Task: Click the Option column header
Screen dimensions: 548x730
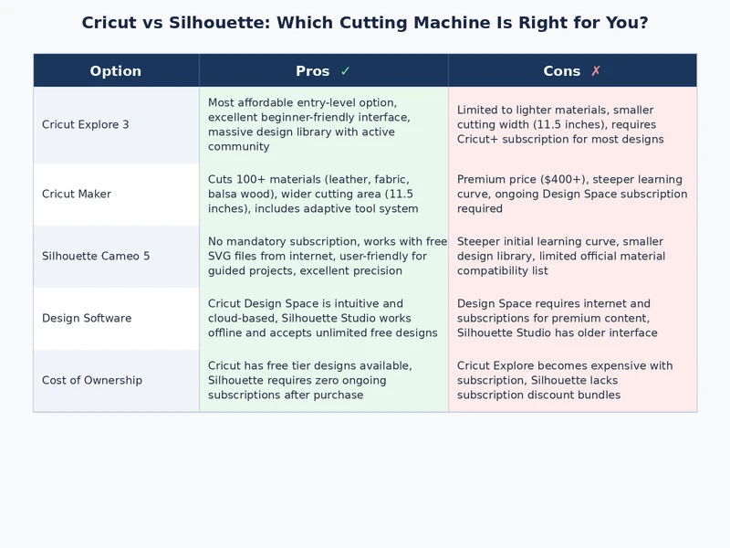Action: pos(116,71)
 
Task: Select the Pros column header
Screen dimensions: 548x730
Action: pos(313,71)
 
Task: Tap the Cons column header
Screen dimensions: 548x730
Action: pos(561,71)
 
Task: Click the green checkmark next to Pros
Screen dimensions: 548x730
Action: pos(345,71)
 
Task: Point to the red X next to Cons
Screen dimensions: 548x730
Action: pos(596,71)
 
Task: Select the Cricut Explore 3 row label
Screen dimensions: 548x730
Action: pos(86,125)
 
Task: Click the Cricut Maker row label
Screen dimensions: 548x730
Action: pos(77,195)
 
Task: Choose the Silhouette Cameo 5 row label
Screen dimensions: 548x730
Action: pos(96,257)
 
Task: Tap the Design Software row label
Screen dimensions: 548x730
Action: pos(87,319)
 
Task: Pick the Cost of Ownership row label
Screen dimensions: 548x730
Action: pos(92,381)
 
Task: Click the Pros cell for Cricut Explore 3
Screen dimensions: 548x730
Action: pos(323,125)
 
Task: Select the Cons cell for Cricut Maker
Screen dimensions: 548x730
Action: pos(572,195)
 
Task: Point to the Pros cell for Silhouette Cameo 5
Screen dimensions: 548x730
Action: pos(323,257)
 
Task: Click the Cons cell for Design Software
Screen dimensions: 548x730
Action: pos(572,319)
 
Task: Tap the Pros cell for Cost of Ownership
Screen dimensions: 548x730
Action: pos(323,381)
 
